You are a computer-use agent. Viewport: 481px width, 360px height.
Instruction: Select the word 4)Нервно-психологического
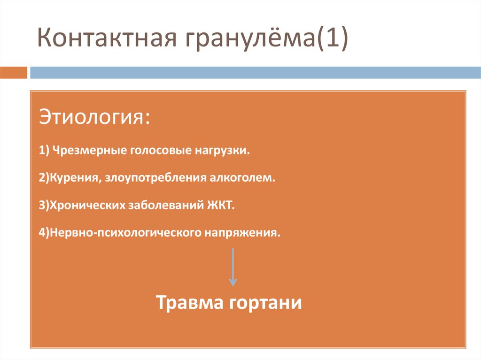[x=120, y=233]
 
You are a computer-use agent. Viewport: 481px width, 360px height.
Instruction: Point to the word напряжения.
[x=241, y=233]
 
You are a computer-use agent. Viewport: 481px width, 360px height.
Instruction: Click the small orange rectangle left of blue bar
[x=14, y=73]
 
